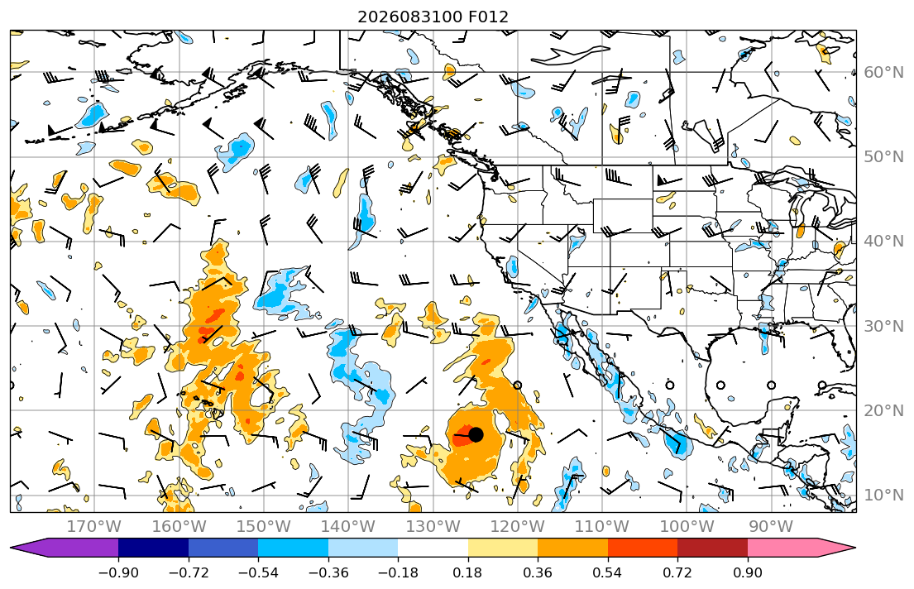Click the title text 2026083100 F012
point(433,17)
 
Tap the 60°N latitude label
point(883,72)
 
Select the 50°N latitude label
point(883,157)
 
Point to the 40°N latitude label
point(883,242)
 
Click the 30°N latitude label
point(883,326)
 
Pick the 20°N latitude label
point(883,410)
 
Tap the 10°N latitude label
point(883,496)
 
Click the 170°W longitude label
point(94,527)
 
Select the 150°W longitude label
point(264,527)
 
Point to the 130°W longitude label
point(433,527)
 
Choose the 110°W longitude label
point(602,527)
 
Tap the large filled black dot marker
point(476,434)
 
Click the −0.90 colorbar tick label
point(118,572)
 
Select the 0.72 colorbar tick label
point(677,572)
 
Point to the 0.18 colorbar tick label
point(467,572)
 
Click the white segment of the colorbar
point(433,548)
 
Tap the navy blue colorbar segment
point(153,548)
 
